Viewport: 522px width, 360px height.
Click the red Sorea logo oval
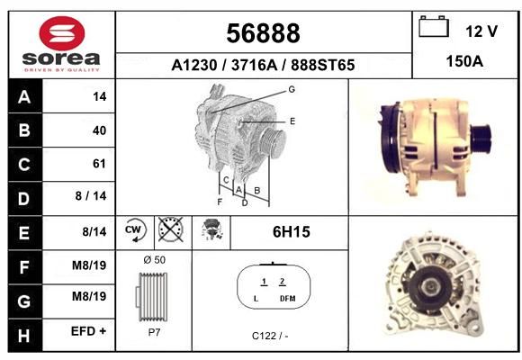click(x=62, y=33)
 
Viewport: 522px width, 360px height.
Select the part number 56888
click(x=263, y=33)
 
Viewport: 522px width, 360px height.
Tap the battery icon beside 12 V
click(x=434, y=27)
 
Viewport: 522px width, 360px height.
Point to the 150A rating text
click(x=464, y=61)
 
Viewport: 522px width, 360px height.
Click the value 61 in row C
click(x=99, y=164)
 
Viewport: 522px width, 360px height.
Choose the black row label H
click(x=25, y=336)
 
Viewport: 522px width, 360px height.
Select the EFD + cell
click(x=88, y=331)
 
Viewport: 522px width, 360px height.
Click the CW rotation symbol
click(x=135, y=229)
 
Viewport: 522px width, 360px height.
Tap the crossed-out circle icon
click(x=171, y=229)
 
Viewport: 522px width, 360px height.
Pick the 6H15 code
click(x=292, y=232)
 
